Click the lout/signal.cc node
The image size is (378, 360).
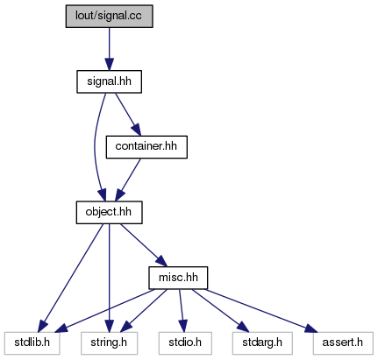pos(109,16)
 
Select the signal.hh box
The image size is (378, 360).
pos(109,81)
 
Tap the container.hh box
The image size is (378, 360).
pos(146,147)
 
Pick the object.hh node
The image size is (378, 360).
pos(109,212)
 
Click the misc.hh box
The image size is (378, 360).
pos(178,278)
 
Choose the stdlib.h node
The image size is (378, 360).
pos(32,343)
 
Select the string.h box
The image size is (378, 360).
pos(109,343)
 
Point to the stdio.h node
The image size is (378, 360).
pos(185,343)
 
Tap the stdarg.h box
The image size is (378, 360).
pos(262,343)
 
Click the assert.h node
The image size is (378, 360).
pos(343,343)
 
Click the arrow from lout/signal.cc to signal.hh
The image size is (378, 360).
pos(110,49)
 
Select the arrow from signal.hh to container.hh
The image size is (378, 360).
pos(128,115)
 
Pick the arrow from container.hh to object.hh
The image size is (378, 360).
pos(128,180)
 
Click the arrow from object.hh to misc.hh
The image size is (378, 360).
pos(143,245)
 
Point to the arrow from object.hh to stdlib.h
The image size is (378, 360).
pos(72,278)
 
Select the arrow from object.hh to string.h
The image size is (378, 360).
pos(109,278)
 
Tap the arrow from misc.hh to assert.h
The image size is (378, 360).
pos(260,311)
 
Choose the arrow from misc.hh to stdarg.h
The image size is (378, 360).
pos(220,311)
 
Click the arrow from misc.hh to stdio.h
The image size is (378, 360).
pos(182,311)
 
